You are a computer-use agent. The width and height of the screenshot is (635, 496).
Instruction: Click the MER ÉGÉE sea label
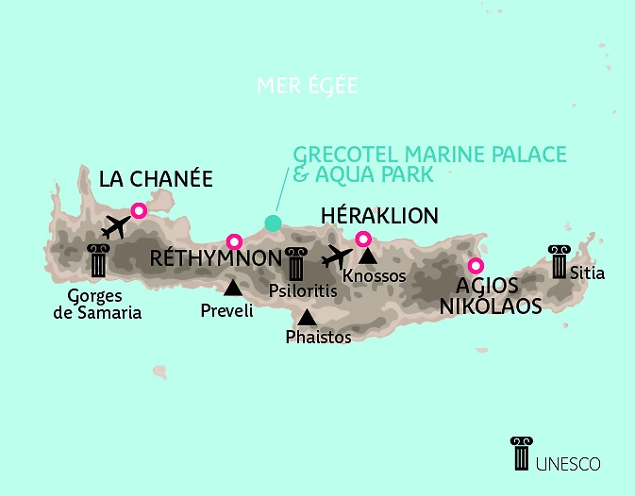308,87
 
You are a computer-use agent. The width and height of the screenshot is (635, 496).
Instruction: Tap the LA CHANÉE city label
156,179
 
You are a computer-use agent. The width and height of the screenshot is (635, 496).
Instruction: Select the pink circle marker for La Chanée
139,211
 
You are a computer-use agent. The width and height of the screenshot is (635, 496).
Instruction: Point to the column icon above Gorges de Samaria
97,260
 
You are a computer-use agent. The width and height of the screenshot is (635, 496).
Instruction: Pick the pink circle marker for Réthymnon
234,240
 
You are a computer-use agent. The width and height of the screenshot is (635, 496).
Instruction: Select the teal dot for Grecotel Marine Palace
273,223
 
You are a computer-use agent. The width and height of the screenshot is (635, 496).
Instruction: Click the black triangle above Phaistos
307,318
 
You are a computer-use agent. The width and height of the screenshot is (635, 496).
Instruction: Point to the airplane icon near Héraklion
336,256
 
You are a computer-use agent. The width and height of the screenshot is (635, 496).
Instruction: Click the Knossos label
375,276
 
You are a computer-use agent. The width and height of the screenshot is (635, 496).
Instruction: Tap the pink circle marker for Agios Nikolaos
476,265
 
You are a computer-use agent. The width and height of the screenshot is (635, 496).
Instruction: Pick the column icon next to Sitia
558,261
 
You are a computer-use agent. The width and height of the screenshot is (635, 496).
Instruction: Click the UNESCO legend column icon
520,454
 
